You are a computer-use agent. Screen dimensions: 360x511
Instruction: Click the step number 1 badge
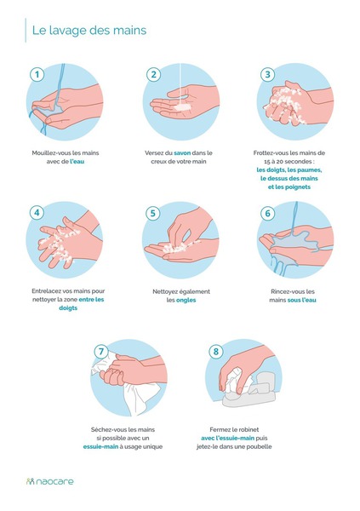click(37, 74)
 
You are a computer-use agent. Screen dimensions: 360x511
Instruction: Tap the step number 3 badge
click(267, 74)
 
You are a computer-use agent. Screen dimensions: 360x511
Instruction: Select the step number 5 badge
click(153, 213)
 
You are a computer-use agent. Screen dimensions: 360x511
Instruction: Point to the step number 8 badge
click(215, 351)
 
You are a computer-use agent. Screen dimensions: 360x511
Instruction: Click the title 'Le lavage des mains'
click(89, 31)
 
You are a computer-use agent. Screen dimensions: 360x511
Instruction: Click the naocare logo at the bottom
click(50, 481)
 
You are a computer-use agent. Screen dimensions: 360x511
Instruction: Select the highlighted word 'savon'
click(182, 152)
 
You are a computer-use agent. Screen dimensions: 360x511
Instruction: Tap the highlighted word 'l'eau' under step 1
click(77, 161)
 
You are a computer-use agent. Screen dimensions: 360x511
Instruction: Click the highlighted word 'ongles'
click(186, 300)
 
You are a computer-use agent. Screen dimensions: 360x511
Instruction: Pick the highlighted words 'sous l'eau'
click(301, 300)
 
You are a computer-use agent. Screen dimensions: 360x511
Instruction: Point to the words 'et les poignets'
click(289, 187)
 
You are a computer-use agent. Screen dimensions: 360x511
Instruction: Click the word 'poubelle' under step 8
click(259, 447)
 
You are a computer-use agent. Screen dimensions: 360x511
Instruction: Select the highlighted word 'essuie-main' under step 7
click(100, 447)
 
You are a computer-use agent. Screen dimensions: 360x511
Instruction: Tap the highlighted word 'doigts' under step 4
click(68, 308)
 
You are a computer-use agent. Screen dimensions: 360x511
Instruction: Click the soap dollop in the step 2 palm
click(182, 107)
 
